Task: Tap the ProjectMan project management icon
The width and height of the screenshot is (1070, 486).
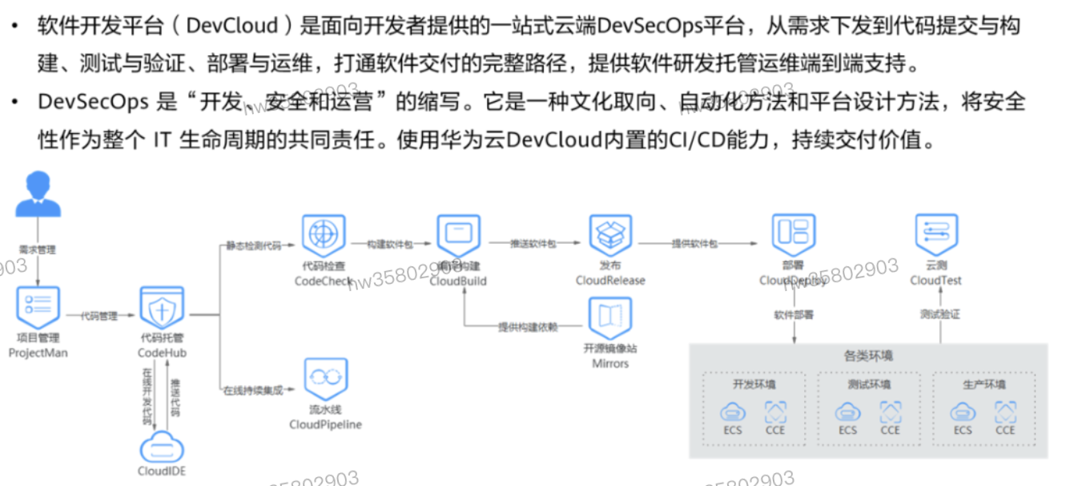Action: click(38, 306)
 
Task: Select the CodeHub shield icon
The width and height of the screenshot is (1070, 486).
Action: click(163, 308)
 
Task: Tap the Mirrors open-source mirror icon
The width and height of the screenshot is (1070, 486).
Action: click(610, 318)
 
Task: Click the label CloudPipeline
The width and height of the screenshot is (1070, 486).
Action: click(325, 424)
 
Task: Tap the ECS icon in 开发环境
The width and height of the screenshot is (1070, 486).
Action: click(733, 412)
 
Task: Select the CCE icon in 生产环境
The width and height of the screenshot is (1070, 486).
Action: click(1006, 412)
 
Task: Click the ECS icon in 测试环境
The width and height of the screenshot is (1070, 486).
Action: click(848, 412)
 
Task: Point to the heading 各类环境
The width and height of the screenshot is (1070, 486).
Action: click(869, 355)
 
